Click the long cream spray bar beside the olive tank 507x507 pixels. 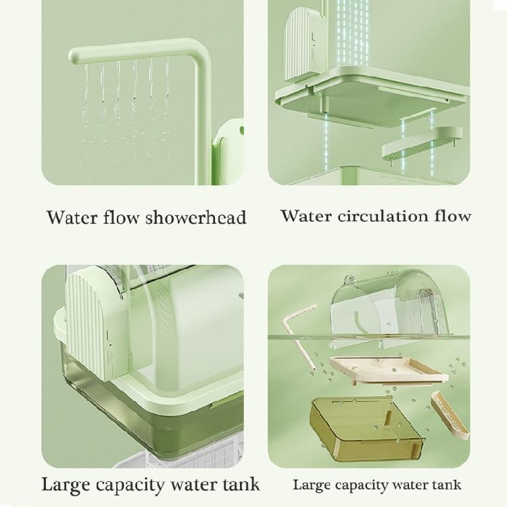click(x=448, y=414)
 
